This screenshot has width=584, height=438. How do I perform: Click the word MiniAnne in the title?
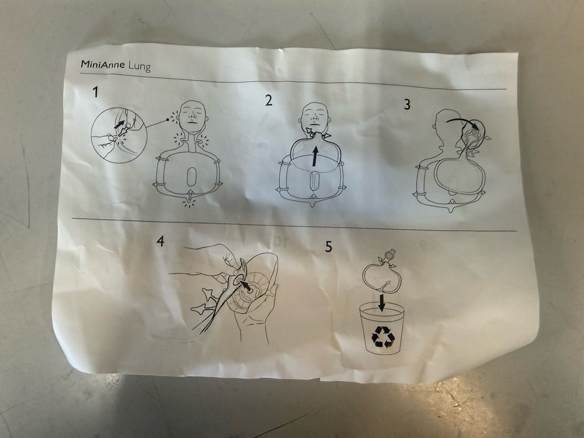[x=101, y=65]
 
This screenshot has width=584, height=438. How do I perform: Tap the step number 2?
[x=268, y=100]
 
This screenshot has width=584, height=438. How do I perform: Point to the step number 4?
[x=160, y=240]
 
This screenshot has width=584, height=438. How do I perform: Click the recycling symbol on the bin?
[x=383, y=337]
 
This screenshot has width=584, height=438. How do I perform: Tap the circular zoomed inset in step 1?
[x=119, y=134]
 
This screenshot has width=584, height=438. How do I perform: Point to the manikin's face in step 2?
[x=314, y=119]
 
